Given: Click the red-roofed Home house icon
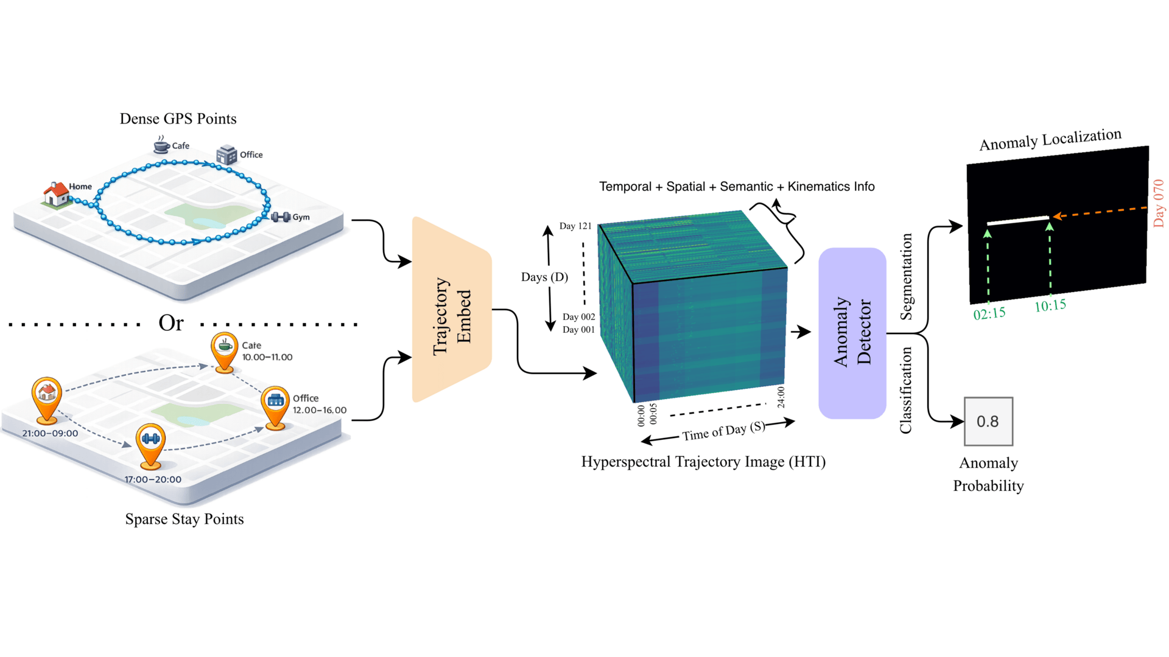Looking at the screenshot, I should coord(56,194).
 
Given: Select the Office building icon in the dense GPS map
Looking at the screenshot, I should coord(226,155).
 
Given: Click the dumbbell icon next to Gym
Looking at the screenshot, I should coord(281,217).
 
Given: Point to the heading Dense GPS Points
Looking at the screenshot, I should coord(178,119).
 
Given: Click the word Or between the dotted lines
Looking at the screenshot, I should coord(171,322).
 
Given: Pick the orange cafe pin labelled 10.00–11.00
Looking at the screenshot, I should coord(225,350).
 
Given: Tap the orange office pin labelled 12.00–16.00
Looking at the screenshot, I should coord(275,405).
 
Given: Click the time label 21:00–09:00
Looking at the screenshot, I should coord(50,433).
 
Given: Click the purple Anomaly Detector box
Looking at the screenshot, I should coord(852,333).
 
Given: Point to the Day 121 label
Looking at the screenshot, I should coord(575,226).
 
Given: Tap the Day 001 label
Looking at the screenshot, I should coord(578,330).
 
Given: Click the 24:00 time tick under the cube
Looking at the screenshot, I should coord(781,397).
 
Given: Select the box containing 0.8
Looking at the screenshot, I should coord(988,422).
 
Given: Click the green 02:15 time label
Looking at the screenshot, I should coord(989,313).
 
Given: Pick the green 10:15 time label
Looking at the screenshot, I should coord(1050,305).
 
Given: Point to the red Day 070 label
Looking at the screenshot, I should coord(1158,203).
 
